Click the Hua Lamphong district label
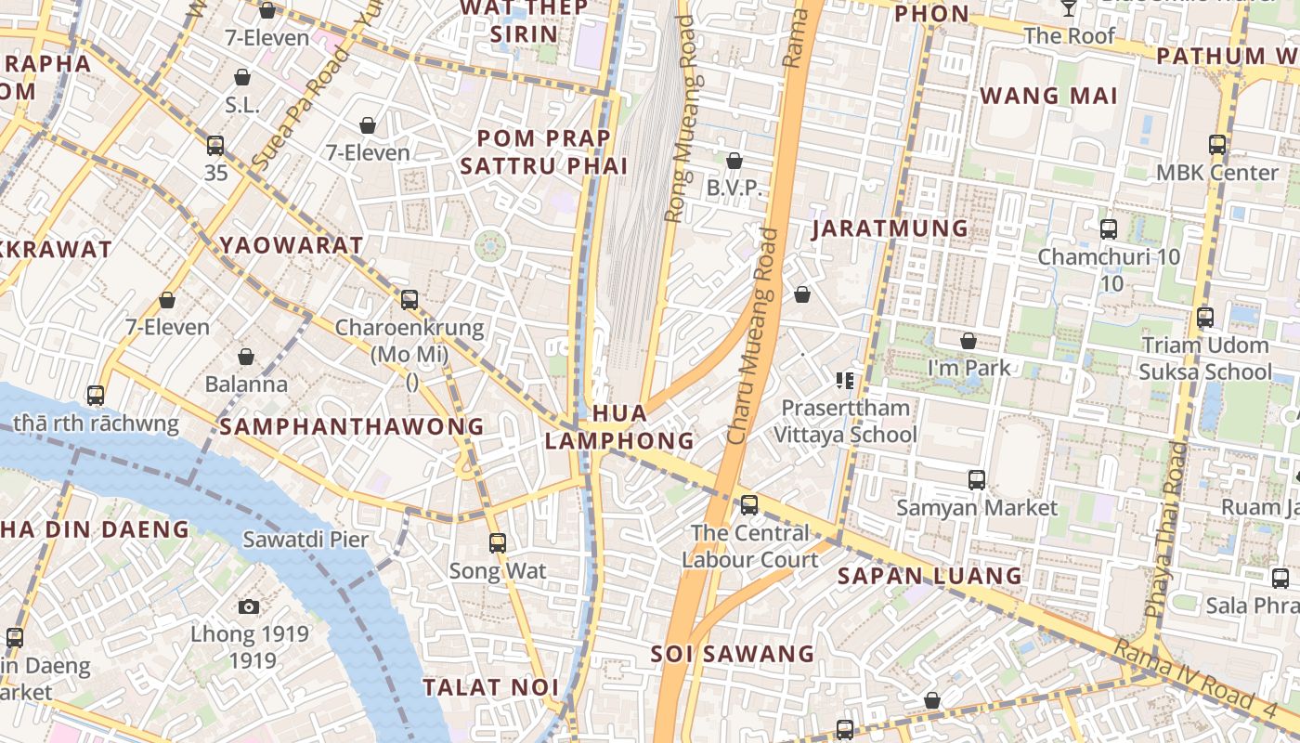pyautogui.click(x=619, y=426)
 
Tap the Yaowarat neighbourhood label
pyautogui.click(x=292, y=245)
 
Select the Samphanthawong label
pyautogui.click(x=352, y=426)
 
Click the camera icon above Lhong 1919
pyautogui.click(x=248, y=606)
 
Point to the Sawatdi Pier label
pyautogui.click(x=305, y=539)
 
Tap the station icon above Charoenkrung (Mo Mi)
pyautogui.click(x=409, y=299)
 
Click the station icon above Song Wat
pyautogui.click(x=498, y=542)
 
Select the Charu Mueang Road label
pyautogui.click(x=753, y=336)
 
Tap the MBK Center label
pyautogui.click(x=1216, y=173)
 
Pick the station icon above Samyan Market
pyautogui.click(x=977, y=479)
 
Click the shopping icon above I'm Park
pyautogui.click(x=968, y=341)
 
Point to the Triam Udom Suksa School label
pyautogui.click(x=1205, y=358)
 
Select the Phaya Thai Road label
pyautogui.click(x=1167, y=529)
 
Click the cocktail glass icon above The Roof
pyautogui.click(x=1069, y=7)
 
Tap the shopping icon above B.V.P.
pyautogui.click(x=734, y=161)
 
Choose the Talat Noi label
pyautogui.click(x=491, y=687)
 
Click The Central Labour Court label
pyautogui.click(x=750, y=546)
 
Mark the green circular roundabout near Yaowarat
pyautogui.click(x=490, y=246)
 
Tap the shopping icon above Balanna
pyautogui.click(x=246, y=357)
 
